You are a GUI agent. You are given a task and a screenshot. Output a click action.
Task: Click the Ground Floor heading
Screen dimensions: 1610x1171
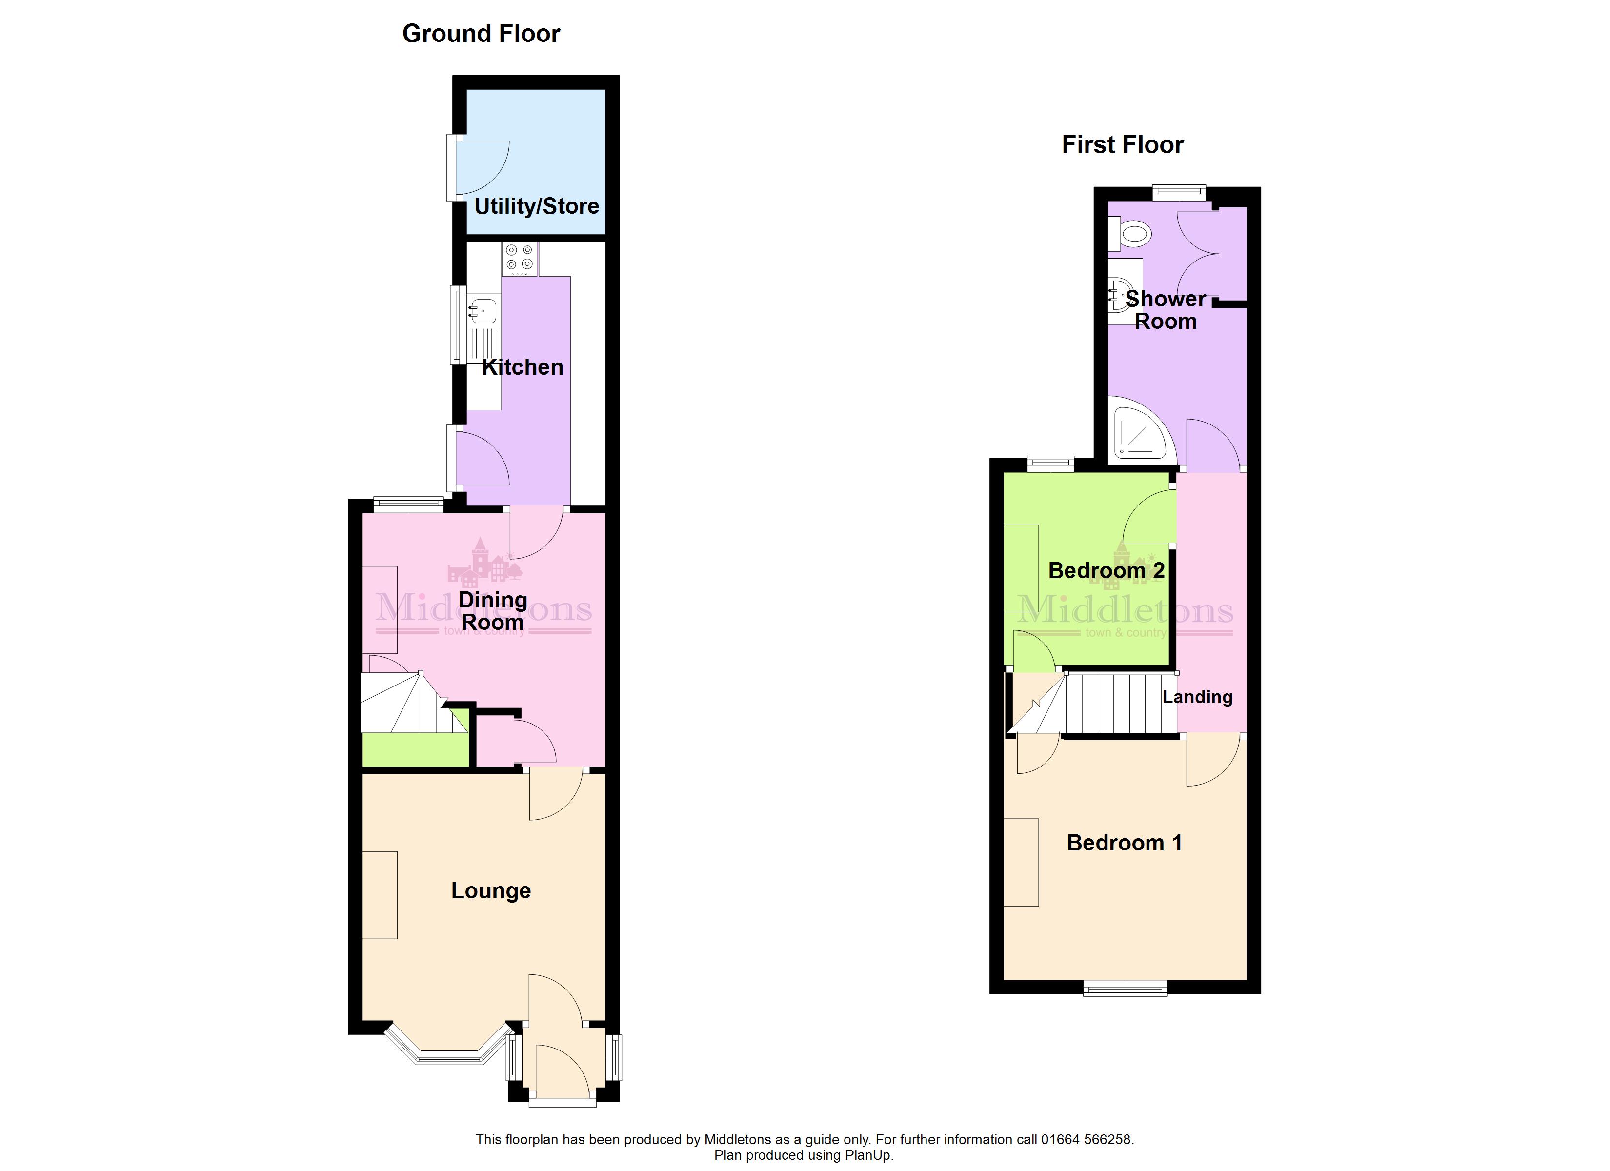[482, 33]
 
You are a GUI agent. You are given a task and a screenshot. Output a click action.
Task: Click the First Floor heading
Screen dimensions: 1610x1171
[1122, 145]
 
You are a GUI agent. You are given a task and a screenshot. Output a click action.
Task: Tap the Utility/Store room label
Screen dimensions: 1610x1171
[537, 206]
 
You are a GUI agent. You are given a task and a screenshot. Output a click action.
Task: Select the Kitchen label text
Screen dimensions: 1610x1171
[523, 366]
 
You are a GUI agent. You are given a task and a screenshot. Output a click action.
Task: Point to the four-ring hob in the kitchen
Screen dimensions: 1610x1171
[520, 259]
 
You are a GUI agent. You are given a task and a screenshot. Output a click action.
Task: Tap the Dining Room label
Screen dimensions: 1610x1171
[493, 611]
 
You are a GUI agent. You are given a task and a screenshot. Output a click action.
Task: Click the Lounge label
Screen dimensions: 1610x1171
[491, 890]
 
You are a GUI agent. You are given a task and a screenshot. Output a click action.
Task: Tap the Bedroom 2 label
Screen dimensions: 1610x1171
[1106, 570]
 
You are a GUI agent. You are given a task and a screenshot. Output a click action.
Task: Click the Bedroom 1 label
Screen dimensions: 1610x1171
[1125, 843]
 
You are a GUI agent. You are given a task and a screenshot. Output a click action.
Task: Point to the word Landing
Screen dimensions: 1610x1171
[1197, 697]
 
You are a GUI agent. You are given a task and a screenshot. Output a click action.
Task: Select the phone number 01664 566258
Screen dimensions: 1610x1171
[1086, 1140]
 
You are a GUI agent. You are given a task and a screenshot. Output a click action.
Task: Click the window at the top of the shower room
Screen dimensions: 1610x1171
[1179, 192]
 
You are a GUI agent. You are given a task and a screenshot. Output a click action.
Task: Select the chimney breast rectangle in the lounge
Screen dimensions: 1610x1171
[380, 895]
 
